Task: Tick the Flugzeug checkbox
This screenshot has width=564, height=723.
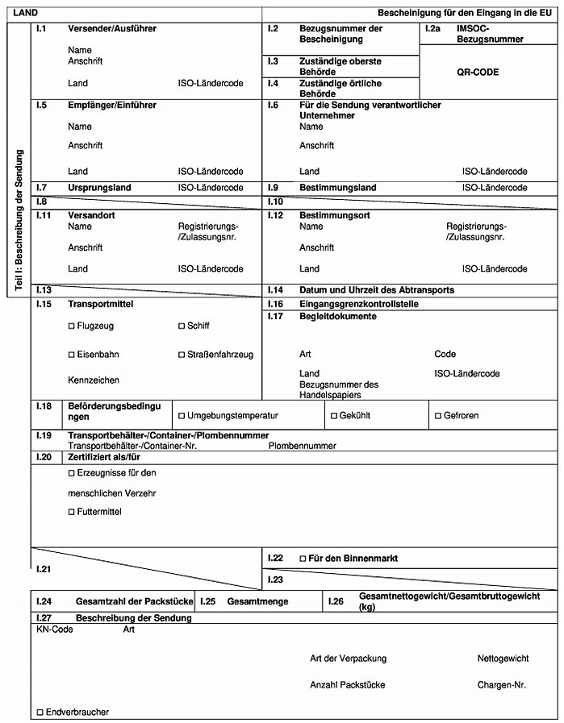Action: coord(72,326)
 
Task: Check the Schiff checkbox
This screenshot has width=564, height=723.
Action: coord(182,326)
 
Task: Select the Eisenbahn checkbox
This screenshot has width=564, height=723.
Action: coord(72,355)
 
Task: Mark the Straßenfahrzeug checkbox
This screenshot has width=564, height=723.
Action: coord(182,355)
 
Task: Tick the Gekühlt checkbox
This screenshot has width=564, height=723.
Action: coord(333,416)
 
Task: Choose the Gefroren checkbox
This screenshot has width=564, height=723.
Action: coord(437,416)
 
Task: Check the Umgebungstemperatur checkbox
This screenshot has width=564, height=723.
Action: coord(182,416)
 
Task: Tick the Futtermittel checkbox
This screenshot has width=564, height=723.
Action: coord(72,512)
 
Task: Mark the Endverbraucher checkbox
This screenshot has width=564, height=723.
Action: coord(40,712)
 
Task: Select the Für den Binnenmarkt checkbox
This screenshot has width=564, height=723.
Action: coord(303,558)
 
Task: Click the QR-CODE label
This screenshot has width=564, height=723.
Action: coord(478,72)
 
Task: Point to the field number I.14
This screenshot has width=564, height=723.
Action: coord(274,289)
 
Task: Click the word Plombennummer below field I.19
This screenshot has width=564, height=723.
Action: coord(303,445)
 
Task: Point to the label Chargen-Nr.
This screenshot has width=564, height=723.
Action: coord(501,684)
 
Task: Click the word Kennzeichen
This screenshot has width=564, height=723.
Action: coord(94,380)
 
